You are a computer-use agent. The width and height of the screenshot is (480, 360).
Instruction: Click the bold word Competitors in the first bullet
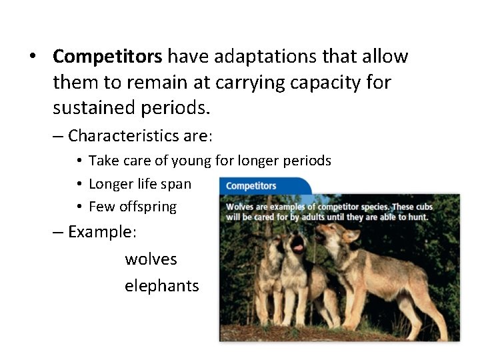[107, 57]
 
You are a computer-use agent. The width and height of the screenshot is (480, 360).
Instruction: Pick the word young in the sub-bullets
[191, 161]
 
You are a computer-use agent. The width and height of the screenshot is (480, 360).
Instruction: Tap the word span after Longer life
[177, 184]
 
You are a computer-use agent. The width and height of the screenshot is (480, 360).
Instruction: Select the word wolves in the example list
[151, 259]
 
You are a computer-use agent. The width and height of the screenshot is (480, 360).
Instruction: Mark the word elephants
[161, 285]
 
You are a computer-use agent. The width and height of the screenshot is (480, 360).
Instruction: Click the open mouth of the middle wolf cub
[298, 247]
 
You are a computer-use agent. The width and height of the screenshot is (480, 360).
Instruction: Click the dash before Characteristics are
[58, 136]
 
